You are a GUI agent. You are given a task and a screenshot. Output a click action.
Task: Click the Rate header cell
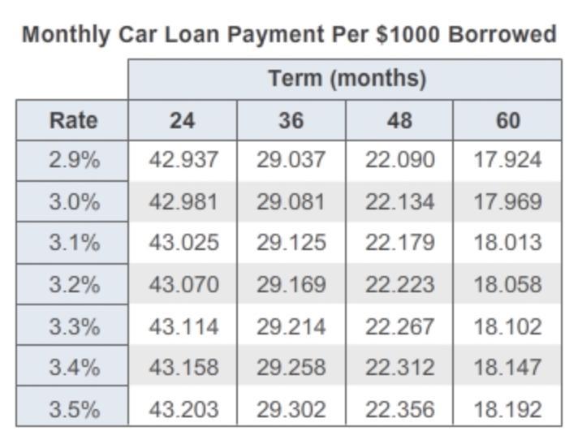point(73,120)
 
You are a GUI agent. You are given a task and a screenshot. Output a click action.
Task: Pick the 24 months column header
point(182,120)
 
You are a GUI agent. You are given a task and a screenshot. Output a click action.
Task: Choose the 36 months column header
point(291,120)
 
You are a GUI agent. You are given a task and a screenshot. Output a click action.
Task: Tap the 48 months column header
point(399,120)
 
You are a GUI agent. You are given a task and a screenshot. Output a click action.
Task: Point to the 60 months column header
point(507,120)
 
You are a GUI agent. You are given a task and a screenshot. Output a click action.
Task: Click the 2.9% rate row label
point(73,160)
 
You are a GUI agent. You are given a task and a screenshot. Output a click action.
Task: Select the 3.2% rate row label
point(73,285)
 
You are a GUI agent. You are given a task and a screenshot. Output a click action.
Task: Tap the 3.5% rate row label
point(73,408)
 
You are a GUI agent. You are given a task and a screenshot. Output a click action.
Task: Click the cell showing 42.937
point(183,160)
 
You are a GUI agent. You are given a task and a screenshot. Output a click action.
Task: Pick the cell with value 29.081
point(291,201)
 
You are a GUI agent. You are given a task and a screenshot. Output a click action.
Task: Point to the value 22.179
point(399,243)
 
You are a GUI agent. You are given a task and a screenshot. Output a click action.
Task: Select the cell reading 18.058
point(507,285)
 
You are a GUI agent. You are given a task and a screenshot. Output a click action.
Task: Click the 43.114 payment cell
point(183,326)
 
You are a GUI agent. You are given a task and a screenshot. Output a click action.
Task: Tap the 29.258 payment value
point(291,367)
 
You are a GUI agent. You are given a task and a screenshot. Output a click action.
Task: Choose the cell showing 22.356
point(399,408)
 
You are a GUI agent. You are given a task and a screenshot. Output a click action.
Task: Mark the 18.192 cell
point(507,408)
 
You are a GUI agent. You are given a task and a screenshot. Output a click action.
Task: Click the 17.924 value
point(507,160)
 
